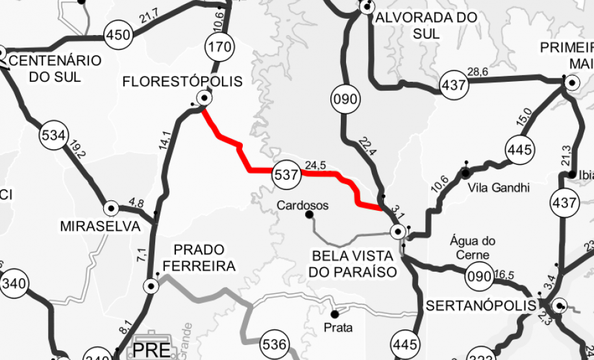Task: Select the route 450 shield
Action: [118, 34]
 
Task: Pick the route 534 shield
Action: [53, 136]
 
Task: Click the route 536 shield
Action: [275, 344]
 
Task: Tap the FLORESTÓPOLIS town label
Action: [182, 82]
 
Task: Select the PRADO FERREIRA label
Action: [199, 258]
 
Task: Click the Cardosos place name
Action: [303, 206]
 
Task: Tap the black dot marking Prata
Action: [335, 315]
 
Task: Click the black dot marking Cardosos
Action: [309, 215]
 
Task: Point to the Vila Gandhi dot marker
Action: [465, 173]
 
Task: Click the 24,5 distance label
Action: [315, 165]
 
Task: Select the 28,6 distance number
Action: [478, 71]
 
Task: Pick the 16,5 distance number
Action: [504, 275]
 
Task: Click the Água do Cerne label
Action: [473, 248]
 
